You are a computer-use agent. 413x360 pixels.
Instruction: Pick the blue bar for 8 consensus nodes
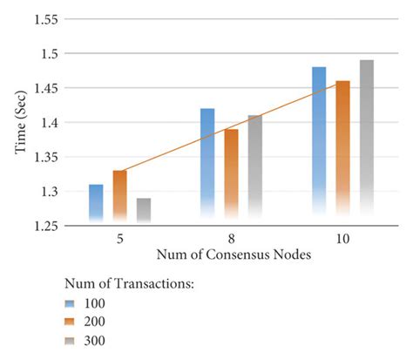(x=207, y=166)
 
